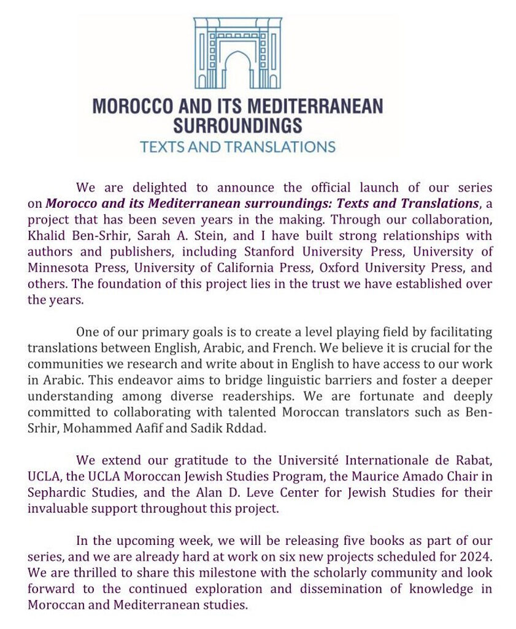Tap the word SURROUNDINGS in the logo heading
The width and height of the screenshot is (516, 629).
pos(237,126)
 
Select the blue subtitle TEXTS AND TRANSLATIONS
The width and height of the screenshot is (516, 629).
pos(237,147)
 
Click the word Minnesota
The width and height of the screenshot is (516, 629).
pos(61,267)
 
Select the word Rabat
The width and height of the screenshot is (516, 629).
pos(472,460)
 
